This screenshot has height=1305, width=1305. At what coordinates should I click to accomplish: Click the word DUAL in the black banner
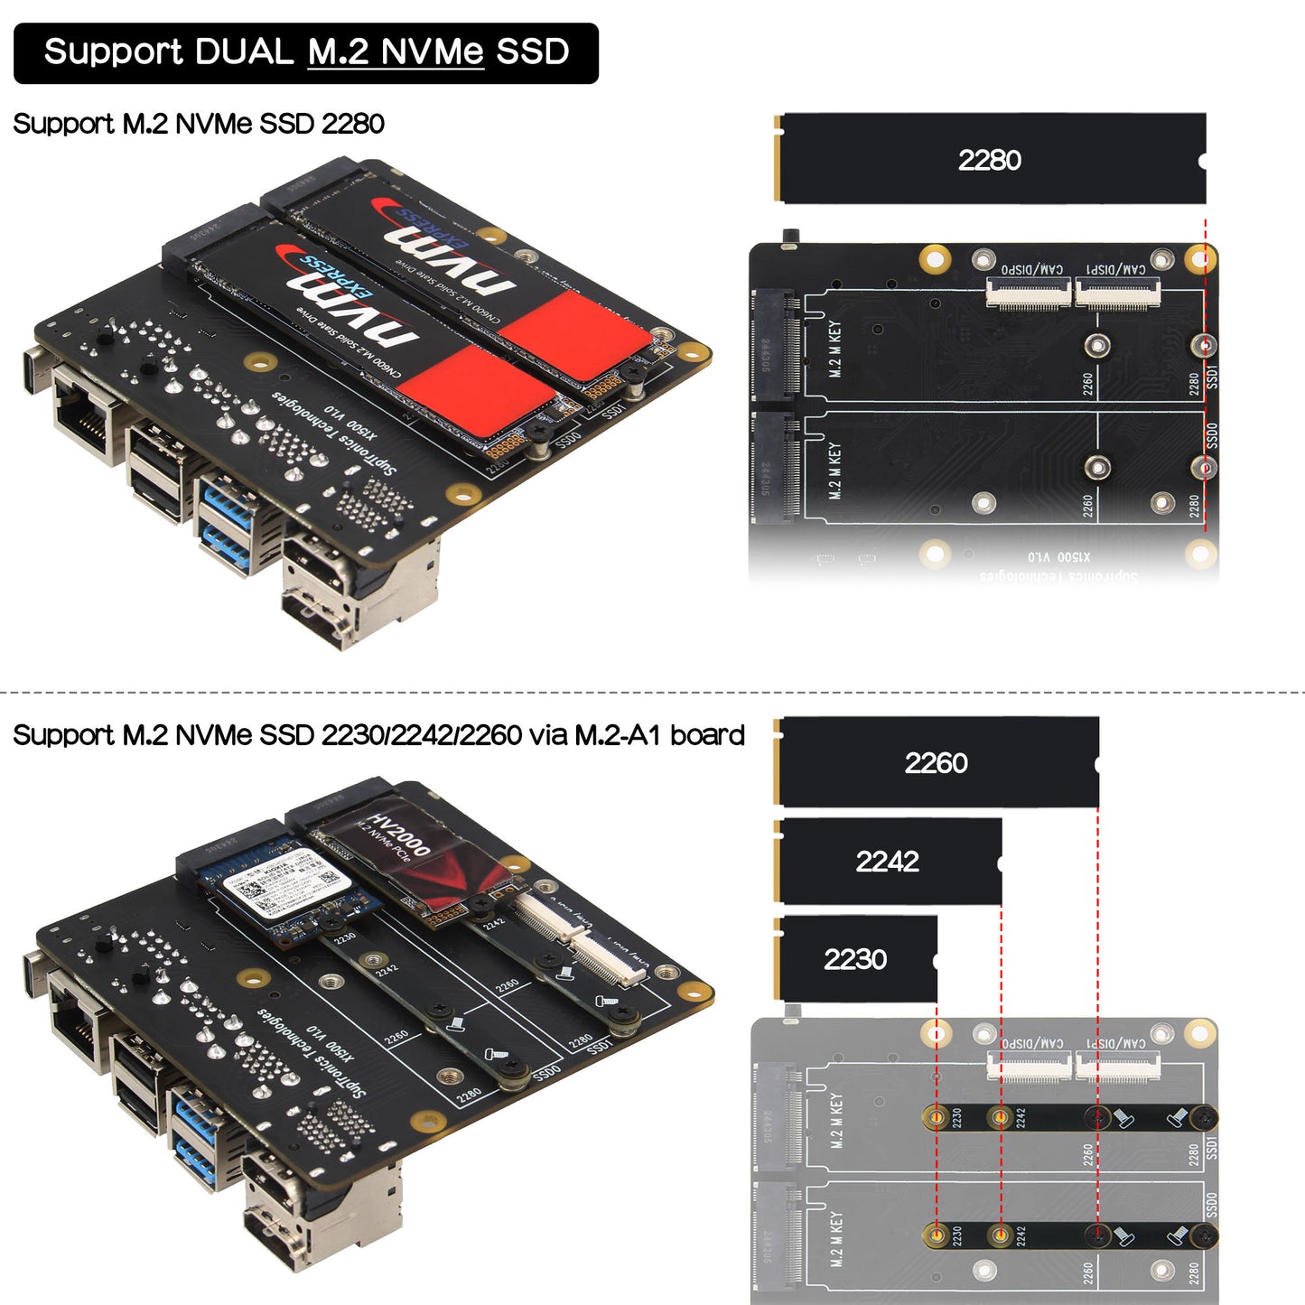244,51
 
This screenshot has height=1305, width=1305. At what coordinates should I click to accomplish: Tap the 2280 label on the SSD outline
989,160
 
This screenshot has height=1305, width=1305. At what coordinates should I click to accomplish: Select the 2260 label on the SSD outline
936,763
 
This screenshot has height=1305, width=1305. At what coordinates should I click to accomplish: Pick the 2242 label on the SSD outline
887,862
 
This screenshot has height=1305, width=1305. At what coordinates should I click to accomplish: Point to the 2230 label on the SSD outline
854,959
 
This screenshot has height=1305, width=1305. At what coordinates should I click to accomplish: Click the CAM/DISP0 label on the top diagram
1031,269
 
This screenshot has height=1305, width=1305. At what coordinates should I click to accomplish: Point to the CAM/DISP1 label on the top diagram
1115,269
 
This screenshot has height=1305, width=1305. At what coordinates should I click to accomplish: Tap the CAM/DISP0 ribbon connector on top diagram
1028,294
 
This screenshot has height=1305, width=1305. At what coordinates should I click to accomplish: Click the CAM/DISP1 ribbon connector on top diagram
1116,293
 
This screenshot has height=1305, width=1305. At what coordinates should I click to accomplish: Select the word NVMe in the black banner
432,51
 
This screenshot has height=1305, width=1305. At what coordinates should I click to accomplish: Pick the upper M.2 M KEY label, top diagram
834,348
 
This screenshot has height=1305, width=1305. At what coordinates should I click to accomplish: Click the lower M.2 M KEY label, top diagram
834,470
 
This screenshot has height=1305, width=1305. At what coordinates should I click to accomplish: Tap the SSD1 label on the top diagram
1212,377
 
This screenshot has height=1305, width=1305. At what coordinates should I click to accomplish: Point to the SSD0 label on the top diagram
1212,435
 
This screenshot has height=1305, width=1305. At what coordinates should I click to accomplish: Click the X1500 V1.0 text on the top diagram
1058,557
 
